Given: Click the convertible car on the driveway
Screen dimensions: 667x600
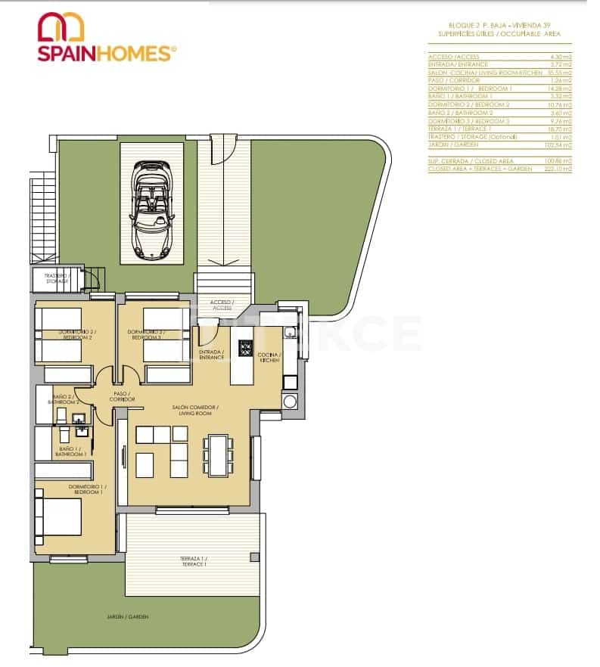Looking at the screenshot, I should [152, 205].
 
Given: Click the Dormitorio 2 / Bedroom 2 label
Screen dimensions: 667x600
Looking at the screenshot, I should [75, 334].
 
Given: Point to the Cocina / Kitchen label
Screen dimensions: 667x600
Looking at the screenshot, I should [269, 358].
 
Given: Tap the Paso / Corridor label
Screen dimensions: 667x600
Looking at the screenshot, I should [121, 396].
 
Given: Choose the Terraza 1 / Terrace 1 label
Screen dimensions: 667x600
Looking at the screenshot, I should [194, 561].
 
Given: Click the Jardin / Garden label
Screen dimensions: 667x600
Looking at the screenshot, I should [128, 617].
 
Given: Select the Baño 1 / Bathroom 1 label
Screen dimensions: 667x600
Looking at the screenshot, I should [72, 451].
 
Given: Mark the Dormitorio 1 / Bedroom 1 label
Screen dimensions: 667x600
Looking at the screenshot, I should [87, 489].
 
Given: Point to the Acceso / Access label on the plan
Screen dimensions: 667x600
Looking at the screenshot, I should [222, 306].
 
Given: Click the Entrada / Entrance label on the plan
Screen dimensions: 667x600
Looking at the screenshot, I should [212, 355].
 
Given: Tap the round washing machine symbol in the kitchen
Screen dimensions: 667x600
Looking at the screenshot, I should [289, 402].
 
